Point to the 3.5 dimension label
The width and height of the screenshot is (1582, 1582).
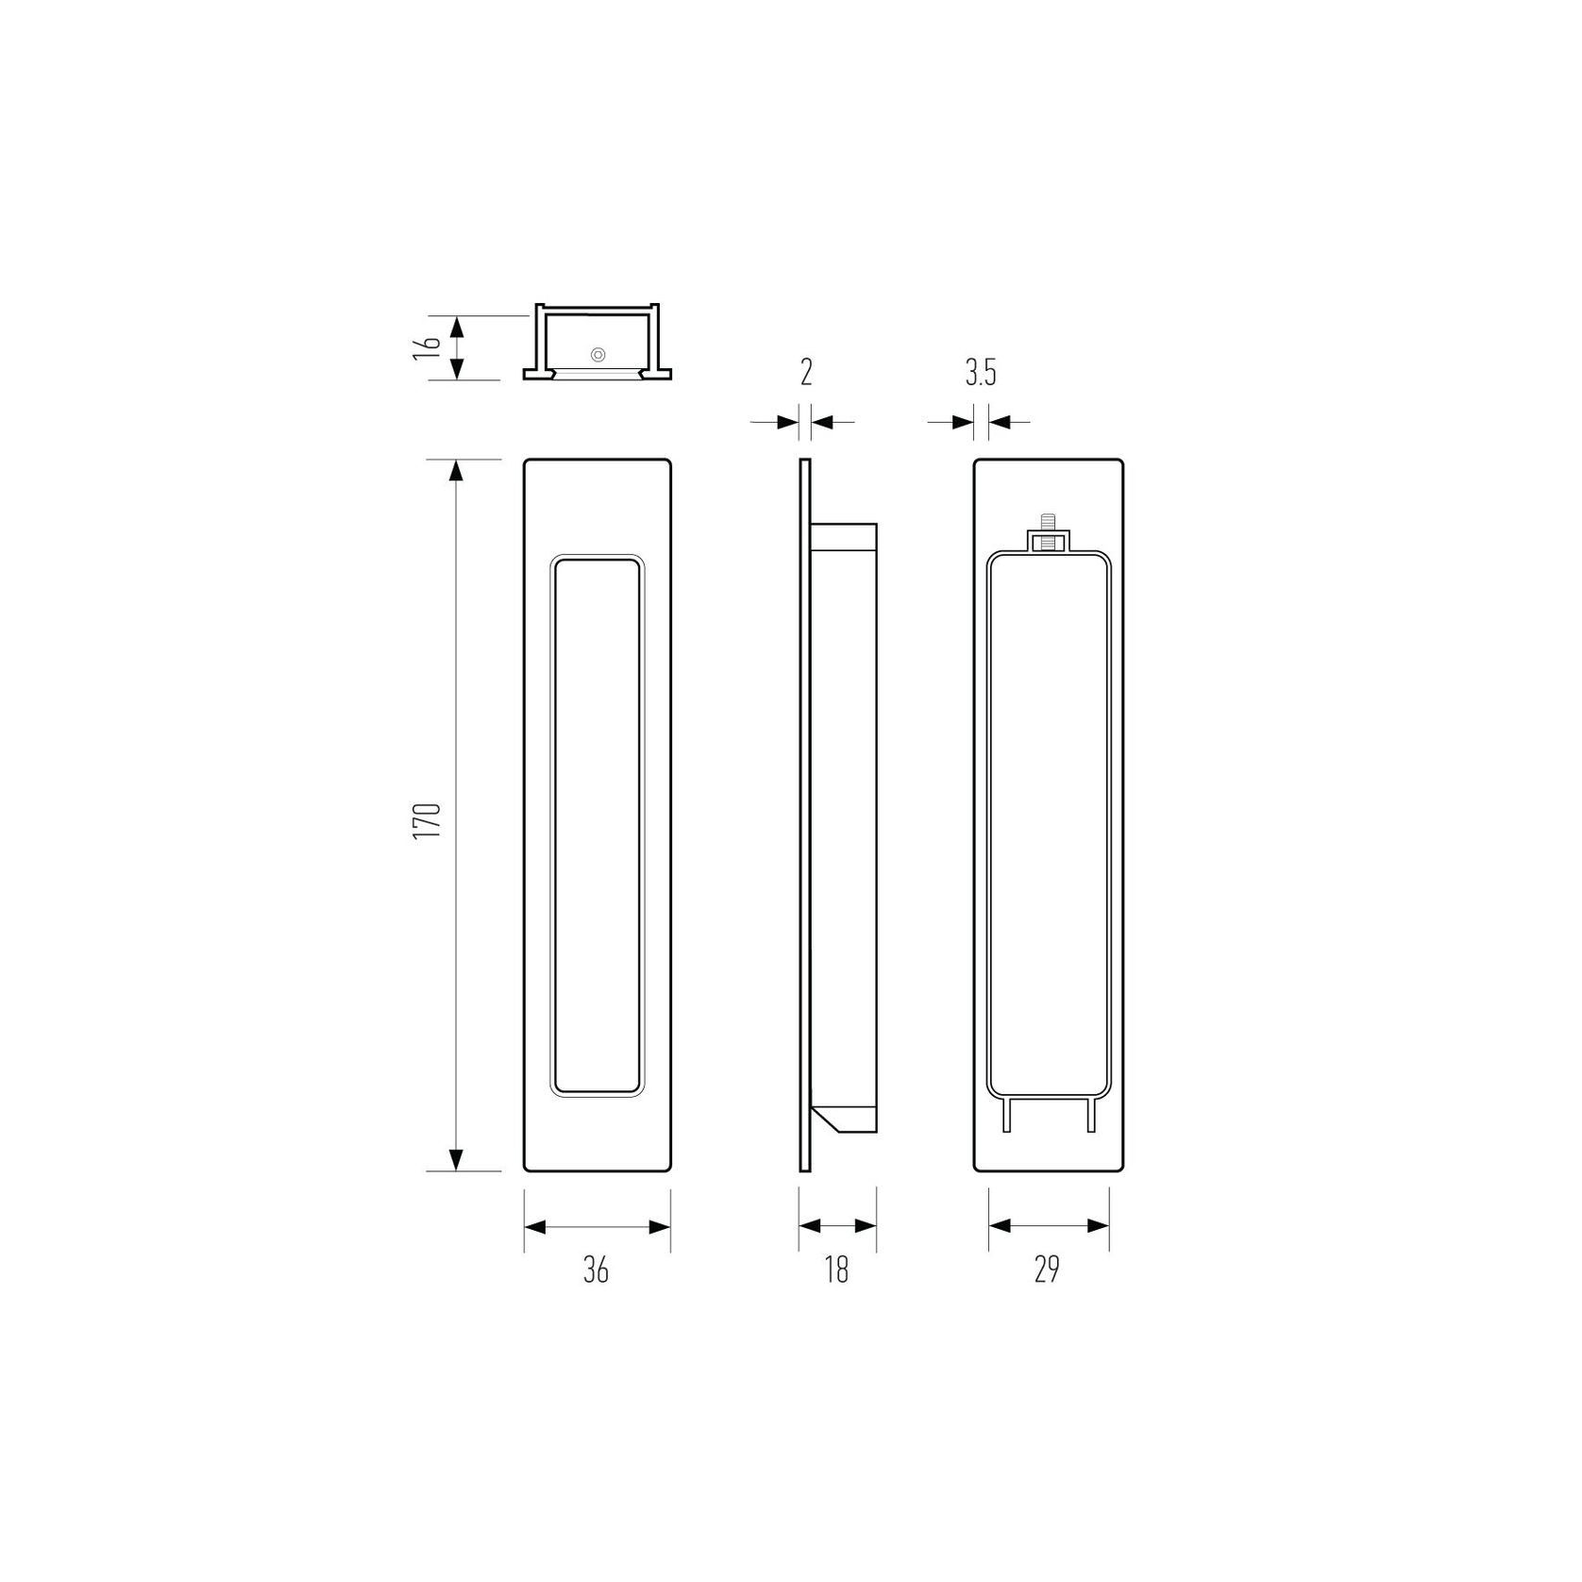tap(981, 374)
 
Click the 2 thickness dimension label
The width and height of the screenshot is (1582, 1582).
tap(806, 373)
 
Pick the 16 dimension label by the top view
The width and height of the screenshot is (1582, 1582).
tap(428, 344)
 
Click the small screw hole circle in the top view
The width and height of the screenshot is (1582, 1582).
tap(597, 355)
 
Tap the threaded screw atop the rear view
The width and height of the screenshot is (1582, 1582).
tap(1047, 521)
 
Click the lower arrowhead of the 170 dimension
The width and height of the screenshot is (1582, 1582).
tap(456, 1158)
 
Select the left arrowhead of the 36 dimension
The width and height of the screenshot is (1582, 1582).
tap(536, 1227)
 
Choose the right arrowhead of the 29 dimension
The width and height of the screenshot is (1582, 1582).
tap(1098, 1226)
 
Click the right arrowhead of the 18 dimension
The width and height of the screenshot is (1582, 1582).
tap(867, 1226)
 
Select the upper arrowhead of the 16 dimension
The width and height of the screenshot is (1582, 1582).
tap(456, 328)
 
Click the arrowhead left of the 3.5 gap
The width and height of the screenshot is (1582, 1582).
tap(964, 422)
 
